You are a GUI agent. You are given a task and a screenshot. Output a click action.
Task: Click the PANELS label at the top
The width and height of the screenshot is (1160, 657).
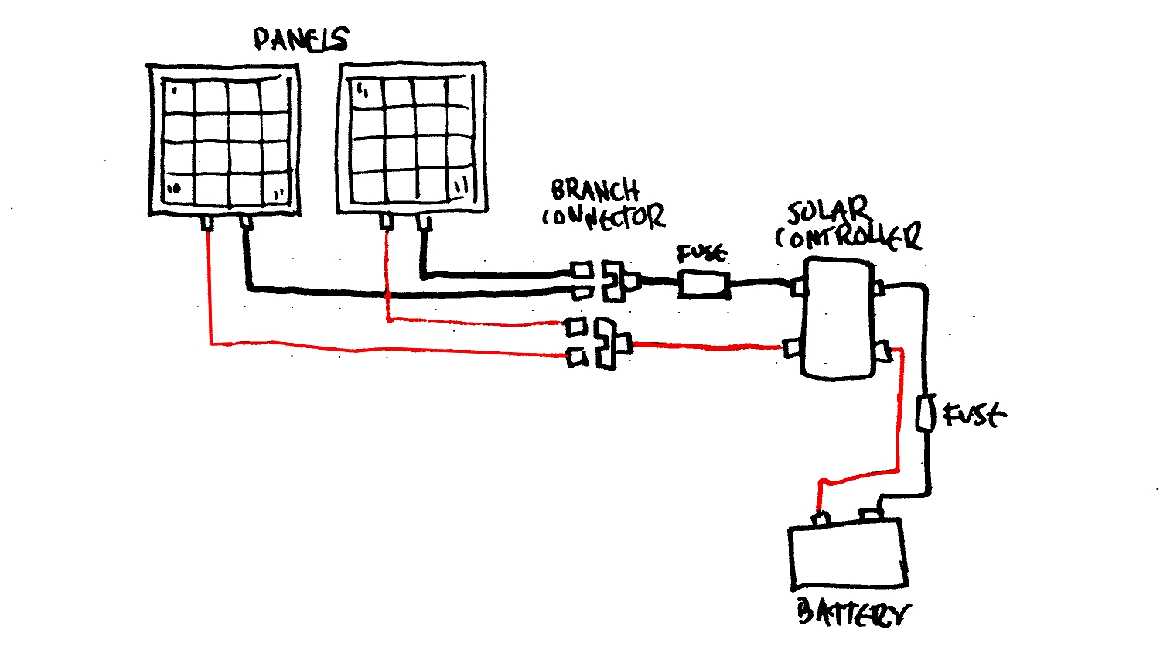(x=301, y=39)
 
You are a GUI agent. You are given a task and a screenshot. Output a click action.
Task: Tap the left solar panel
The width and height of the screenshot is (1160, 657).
(x=224, y=140)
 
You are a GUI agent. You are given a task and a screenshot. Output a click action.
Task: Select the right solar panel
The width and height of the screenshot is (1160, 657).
(x=412, y=137)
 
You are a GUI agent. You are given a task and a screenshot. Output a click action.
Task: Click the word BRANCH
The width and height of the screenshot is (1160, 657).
(x=595, y=190)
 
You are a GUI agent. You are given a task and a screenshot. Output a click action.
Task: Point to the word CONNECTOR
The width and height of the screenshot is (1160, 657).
(x=603, y=217)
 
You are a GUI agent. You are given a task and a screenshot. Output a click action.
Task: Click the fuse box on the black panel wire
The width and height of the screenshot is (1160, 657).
(x=704, y=284)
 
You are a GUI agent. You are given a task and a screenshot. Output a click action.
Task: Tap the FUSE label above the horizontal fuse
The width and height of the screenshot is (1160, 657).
(x=701, y=254)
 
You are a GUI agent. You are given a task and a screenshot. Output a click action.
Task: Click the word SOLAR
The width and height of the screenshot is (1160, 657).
(x=827, y=210)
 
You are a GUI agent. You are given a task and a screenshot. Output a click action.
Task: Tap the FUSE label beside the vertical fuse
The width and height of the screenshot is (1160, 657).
(x=974, y=415)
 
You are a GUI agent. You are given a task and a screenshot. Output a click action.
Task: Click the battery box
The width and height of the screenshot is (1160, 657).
(x=848, y=553)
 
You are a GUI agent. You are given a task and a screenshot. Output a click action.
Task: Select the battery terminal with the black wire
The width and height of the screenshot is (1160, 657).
(x=871, y=515)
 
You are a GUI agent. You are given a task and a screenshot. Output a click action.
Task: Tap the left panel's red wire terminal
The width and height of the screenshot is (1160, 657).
(x=207, y=224)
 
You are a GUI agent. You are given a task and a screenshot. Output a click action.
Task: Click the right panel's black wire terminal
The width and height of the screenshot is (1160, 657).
(x=423, y=223)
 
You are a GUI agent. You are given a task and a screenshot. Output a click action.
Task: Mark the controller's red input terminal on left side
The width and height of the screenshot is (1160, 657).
(x=792, y=348)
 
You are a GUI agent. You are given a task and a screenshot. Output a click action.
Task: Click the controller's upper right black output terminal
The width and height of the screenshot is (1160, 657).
(x=878, y=288)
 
